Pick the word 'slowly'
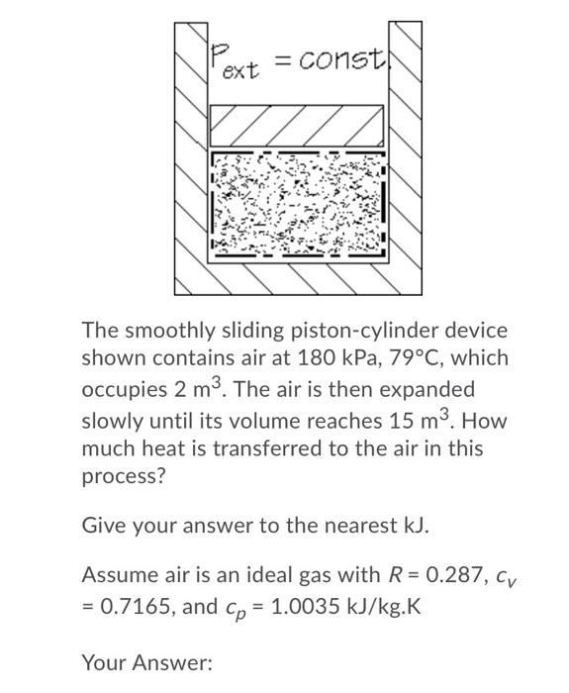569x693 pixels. click(110, 419)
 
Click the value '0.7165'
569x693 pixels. click(136, 605)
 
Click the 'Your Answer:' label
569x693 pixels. click(146, 662)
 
